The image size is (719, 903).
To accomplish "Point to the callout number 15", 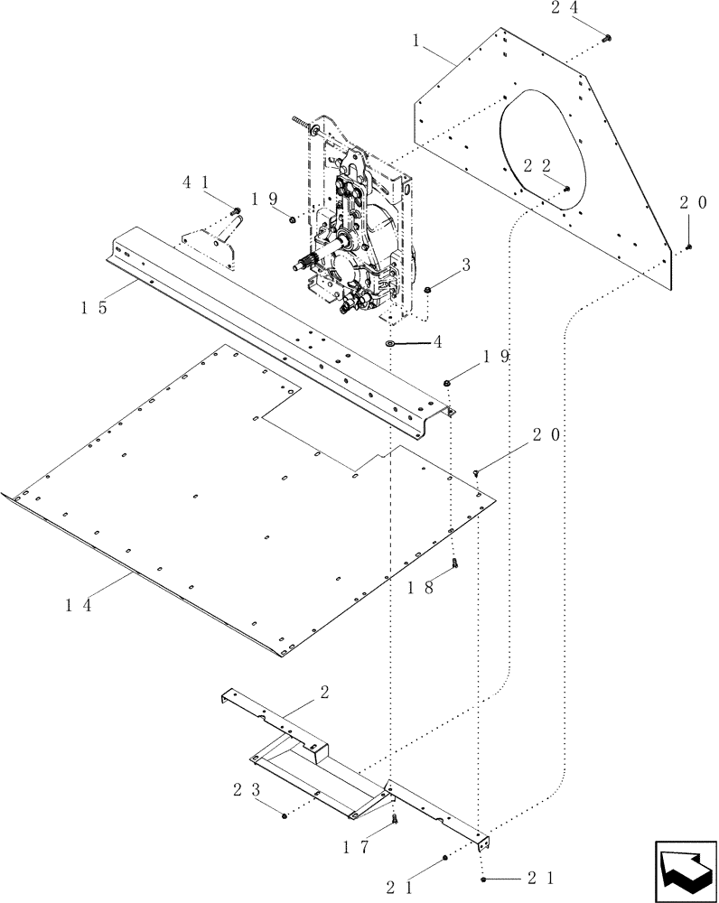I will pyautogui.click(x=93, y=307).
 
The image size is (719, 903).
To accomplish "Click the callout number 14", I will pyautogui.click(x=77, y=605).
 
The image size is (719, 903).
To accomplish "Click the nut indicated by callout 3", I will pyautogui.click(x=427, y=289).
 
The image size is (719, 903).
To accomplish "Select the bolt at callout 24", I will pyautogui.click(x=607, y=38).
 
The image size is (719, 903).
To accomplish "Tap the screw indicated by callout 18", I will pyautogui.click(x=456, y=564).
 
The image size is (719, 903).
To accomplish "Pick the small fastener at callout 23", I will pyautogui.click(x=285, y=815).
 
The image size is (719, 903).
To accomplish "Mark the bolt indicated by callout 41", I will pyautogui.click(x=237, y=211).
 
